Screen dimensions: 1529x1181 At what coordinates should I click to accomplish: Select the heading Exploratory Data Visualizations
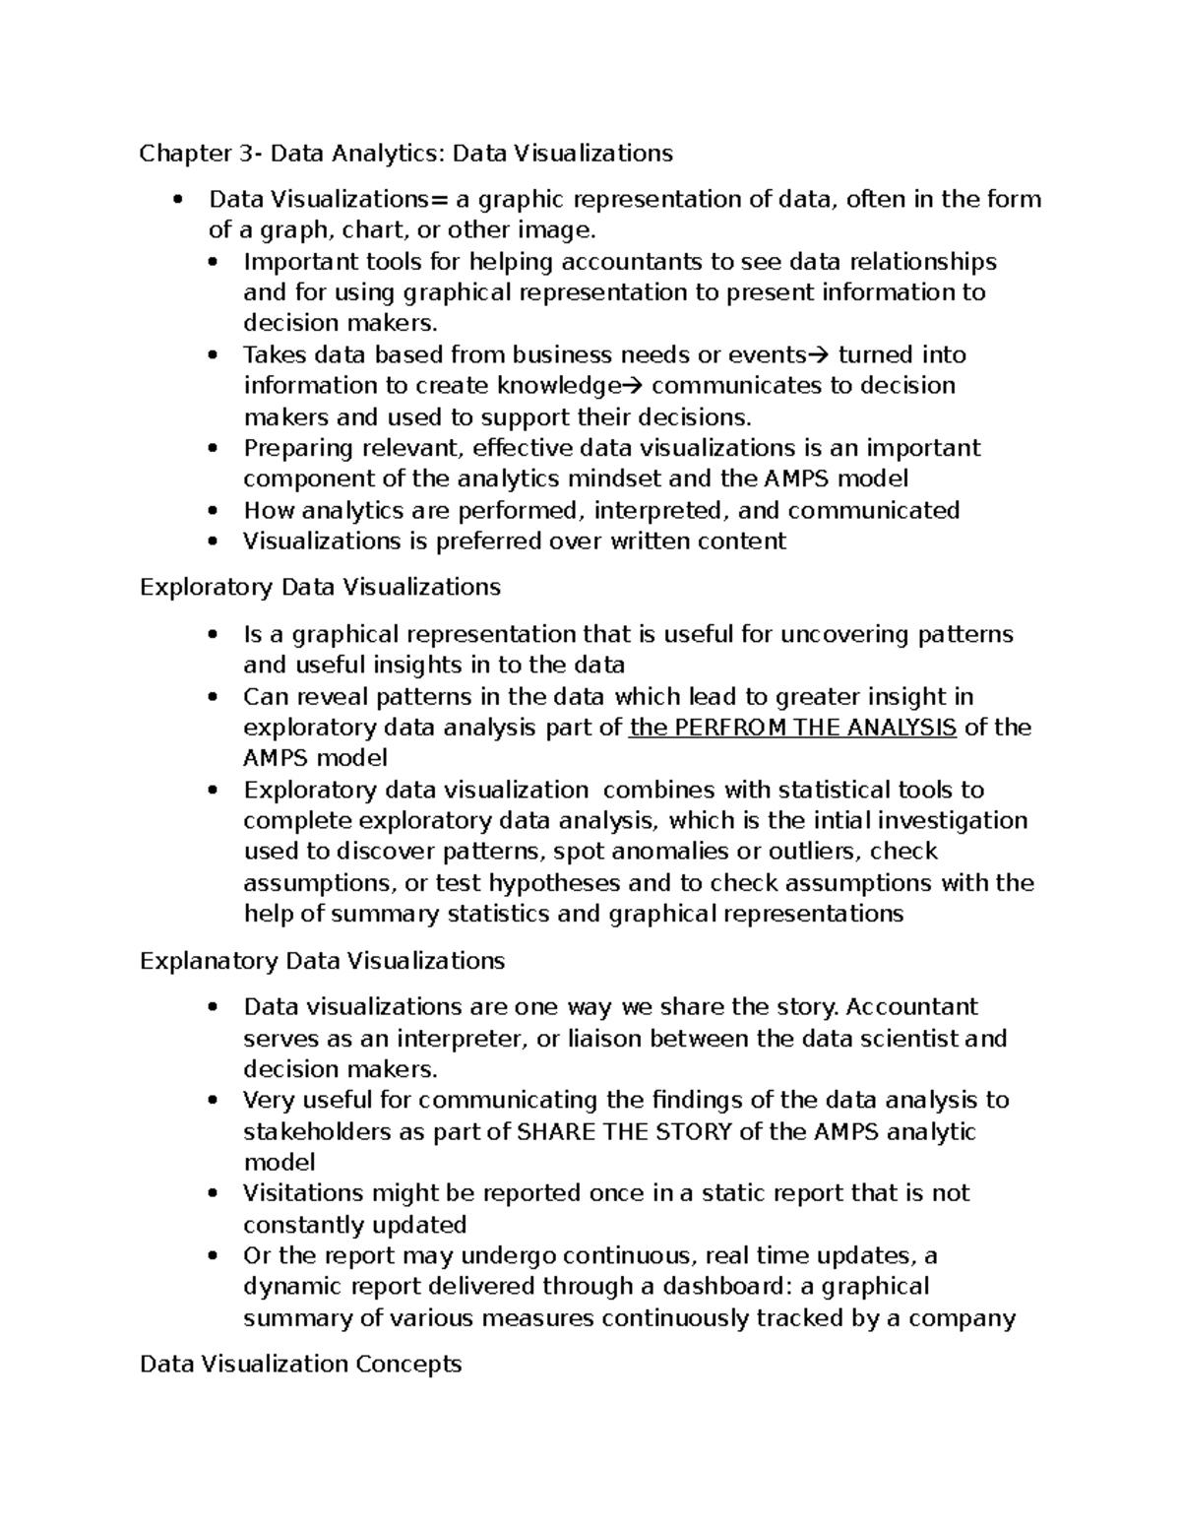[x=320, y=587]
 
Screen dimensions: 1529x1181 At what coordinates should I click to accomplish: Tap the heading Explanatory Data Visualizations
[x=322, y=960]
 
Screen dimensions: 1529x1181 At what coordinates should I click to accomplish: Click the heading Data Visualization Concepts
[x=300, y=1364]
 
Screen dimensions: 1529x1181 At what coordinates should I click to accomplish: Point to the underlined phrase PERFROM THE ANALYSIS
[x=810, y=728]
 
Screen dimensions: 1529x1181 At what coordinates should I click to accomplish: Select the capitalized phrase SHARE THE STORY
[x=624, y=1131]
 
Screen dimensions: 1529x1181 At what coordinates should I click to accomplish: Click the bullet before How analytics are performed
[x=212, y=511]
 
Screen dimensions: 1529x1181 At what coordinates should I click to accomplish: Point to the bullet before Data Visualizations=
[x=177, y=200]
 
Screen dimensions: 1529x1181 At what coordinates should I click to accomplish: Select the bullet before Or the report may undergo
[x=212, y=1256]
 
